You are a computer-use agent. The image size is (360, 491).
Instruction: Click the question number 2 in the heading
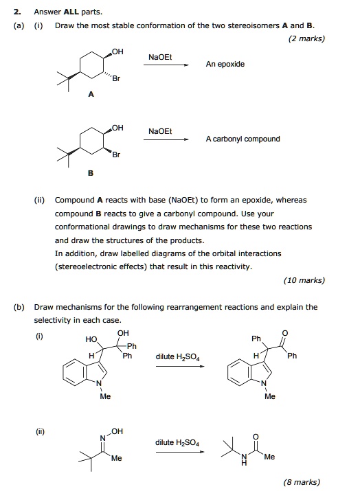[x=16, y=12]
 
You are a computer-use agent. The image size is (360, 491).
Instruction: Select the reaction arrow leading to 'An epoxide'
[x=166, y=66]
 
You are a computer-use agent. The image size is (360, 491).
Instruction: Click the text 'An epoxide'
[x=225, y=64]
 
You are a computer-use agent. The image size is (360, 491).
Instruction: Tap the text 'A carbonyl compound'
[x=243, y=139]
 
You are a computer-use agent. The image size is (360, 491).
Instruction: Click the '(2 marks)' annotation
[x=307, y=38]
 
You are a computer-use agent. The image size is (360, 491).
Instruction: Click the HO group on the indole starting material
[x=91, y=339]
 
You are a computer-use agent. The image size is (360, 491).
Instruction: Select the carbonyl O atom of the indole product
[x=295, y=334]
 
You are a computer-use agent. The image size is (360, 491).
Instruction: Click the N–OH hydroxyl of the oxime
[x=117, y=431]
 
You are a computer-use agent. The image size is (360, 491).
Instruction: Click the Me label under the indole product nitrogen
[x=270, y=396]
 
